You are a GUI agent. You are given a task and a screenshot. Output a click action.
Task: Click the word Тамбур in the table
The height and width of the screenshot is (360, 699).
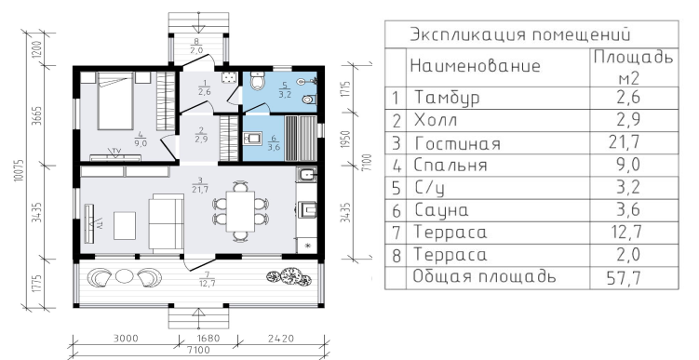click(447, 98)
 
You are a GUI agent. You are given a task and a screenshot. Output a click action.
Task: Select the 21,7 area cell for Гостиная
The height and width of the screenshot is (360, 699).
click(625, 142)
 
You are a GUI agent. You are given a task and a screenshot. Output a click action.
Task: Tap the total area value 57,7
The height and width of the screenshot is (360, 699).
click(625, 278)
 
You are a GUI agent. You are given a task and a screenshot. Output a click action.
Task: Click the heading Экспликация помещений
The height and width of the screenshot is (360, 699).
click(520, 34)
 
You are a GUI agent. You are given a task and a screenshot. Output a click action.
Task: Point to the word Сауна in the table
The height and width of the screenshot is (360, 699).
click(441, 210)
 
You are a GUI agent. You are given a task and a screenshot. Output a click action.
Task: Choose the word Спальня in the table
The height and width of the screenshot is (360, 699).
click(450, 165)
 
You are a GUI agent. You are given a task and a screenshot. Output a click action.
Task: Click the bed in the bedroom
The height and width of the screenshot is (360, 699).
click(115, 100)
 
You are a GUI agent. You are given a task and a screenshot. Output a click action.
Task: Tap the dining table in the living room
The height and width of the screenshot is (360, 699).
click(240, 211)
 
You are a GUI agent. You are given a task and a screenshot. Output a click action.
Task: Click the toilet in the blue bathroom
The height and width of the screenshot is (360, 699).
click(257, 81)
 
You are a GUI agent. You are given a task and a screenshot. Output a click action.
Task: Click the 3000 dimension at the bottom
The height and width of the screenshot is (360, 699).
click(126, 339)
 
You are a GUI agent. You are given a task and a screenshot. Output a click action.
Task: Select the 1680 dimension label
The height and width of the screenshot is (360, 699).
click(208, 339)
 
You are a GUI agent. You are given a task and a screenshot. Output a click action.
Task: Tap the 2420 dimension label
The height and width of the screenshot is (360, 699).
click(281, 339)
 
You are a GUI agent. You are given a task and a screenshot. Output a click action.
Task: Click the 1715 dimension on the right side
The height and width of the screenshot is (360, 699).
click(348, 90)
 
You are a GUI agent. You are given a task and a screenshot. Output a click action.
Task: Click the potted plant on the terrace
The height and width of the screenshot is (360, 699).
click(289, 276)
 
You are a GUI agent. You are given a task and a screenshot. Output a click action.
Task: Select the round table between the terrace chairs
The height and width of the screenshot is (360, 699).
click(125, 276)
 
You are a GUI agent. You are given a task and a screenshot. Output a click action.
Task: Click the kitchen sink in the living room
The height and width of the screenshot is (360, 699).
click(307, 174)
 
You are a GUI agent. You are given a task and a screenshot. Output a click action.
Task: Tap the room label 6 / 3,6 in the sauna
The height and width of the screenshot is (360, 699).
click(274, 143)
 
